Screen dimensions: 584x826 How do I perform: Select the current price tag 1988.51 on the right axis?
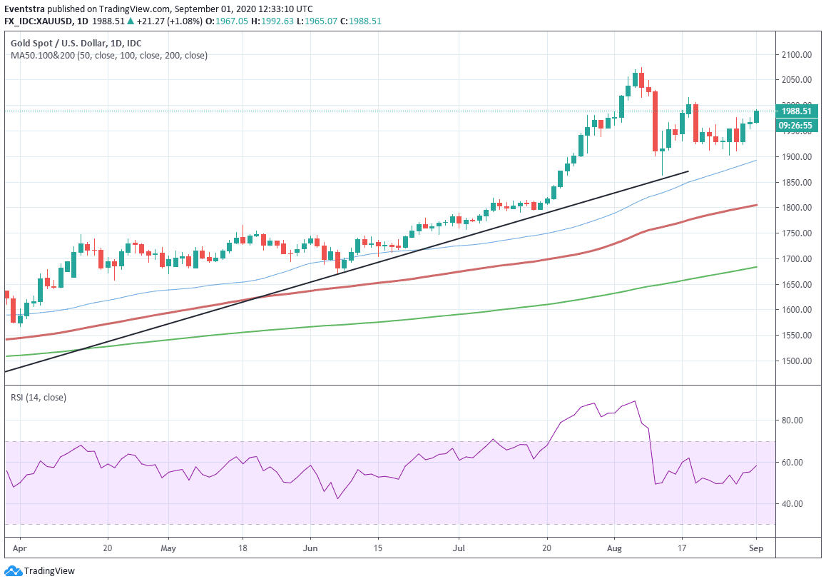click(x=797, y=111)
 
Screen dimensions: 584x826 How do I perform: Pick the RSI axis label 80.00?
click(x=796, y=421)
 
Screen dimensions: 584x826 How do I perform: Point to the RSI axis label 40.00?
click(x=796, y=504)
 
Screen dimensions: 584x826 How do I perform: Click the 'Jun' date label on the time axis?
click(x=310, y=549)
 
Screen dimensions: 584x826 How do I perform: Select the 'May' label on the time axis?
click(x=168, y=549)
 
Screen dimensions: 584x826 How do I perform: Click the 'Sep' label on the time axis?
click(x=756, y=549)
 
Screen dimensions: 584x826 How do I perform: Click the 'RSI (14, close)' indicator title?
click(x=38, y=397)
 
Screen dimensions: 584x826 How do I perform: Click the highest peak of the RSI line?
click(x=635, y=401)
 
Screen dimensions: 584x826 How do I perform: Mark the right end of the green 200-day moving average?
click(x=757, y=267)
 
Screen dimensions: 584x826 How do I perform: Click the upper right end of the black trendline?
click(x=688, y=171)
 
